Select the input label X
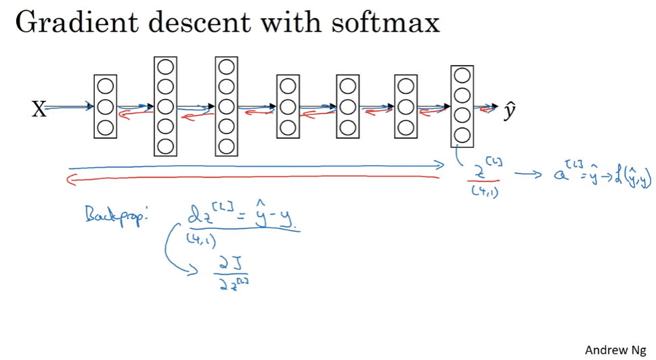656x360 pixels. coord(39,108)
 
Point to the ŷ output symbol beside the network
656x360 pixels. coord(510,110)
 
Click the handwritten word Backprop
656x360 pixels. coord(110,219)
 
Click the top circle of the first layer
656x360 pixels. coord(105,87)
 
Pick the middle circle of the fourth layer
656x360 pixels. coord(288,107)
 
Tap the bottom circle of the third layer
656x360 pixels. coord(226,145)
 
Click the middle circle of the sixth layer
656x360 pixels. coord(406,107)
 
